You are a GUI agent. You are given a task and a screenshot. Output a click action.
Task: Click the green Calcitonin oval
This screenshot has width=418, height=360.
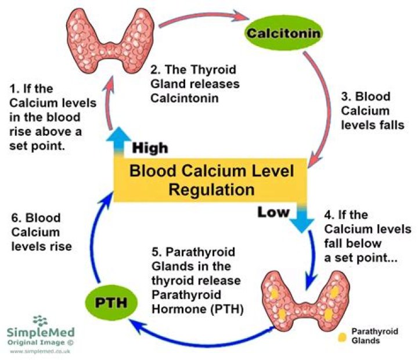(x=283, y=32)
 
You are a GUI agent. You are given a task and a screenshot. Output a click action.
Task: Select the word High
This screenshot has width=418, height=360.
(x=150, y=148)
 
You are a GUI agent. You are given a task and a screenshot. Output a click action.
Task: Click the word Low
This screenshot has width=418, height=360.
(x=273, y=213)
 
